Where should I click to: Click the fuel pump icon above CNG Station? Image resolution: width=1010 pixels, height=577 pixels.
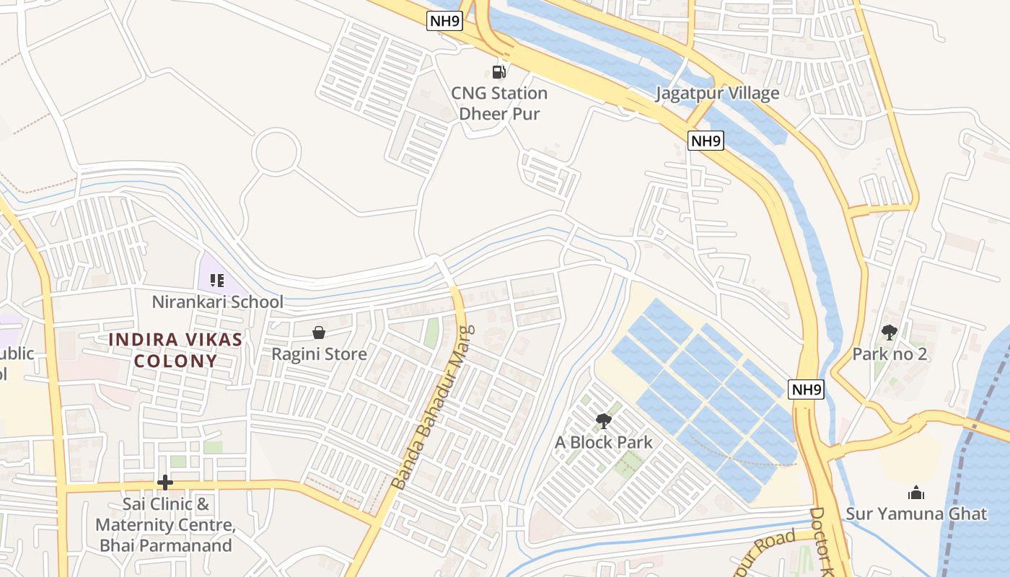499,71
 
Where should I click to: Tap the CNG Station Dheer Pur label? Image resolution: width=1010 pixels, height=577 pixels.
499,103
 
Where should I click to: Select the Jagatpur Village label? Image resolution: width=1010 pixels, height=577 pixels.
717,93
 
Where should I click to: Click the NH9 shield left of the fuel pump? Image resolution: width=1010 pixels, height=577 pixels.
444,21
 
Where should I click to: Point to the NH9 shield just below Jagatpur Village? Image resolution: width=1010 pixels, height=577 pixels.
706,140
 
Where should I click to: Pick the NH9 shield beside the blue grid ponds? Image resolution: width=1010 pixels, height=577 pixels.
806,389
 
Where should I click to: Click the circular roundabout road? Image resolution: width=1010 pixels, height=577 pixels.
276,151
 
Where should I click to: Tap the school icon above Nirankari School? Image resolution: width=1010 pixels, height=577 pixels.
217,280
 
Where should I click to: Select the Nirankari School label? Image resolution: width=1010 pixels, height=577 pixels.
217,301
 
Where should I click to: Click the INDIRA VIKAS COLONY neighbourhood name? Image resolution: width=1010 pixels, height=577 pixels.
175,350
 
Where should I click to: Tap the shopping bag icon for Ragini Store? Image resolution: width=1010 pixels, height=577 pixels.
318,332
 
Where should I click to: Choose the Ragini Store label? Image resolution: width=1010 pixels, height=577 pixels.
319,354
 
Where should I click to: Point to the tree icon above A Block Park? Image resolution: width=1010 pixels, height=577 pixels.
603,421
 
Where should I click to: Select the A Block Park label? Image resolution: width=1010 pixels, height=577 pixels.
603,442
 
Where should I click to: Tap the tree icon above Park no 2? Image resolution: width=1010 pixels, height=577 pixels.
890,332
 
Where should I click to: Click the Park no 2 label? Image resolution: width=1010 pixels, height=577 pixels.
890,354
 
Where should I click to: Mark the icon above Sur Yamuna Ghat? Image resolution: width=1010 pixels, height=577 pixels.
916,493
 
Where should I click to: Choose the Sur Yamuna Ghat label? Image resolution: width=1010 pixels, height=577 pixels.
916,514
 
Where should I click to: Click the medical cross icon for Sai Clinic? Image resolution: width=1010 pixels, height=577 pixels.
165,483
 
